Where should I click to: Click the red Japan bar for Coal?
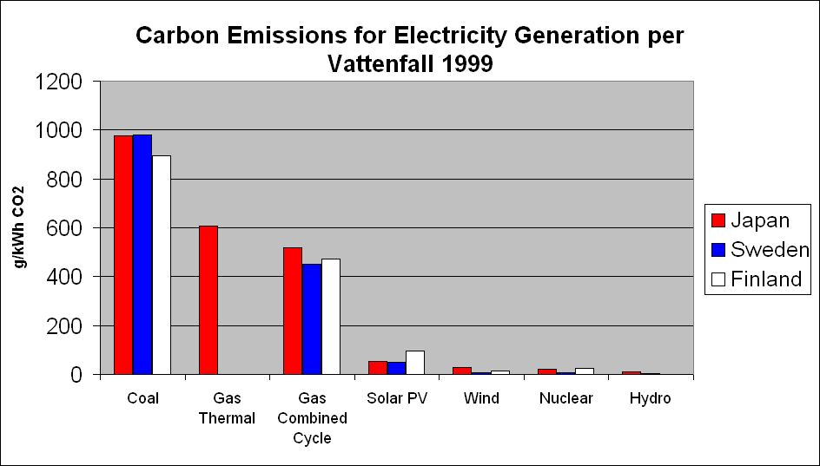point(123,255)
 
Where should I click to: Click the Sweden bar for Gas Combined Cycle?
point(312,319)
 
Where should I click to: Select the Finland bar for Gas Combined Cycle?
point(331,317)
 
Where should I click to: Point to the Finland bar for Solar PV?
point(415,363)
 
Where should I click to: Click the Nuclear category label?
point(565,398)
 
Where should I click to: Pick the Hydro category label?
point(651,398)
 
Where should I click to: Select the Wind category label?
point(481,398)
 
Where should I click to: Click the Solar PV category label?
point(396,398)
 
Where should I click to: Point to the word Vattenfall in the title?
point(386,63)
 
